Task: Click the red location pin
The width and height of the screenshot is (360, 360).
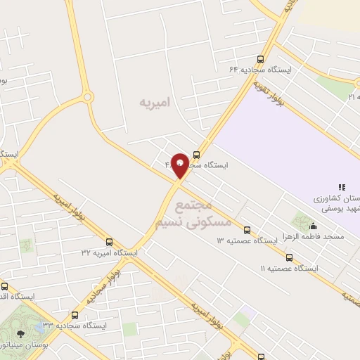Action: (180, 165)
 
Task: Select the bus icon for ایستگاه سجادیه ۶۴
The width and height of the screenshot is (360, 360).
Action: (261, 60)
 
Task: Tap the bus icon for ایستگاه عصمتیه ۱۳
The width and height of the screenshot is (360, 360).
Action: (247, 230)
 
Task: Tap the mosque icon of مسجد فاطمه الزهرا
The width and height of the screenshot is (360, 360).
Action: (313, 226)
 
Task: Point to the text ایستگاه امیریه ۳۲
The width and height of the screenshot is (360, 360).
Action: (109, 251)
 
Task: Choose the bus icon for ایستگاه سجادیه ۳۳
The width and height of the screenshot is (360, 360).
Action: (74, 315)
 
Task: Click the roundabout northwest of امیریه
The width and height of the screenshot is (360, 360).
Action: (87, 97)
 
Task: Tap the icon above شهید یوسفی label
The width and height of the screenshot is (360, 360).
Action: (342, 187)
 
